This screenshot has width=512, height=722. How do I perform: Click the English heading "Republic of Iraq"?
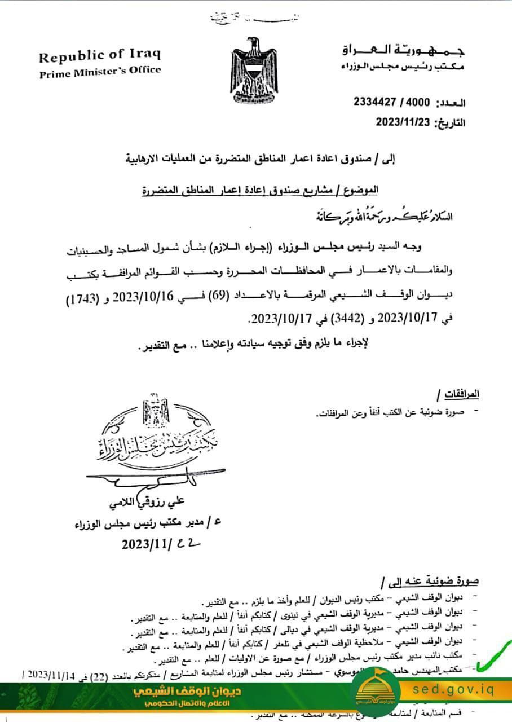[x=100, y=56]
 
